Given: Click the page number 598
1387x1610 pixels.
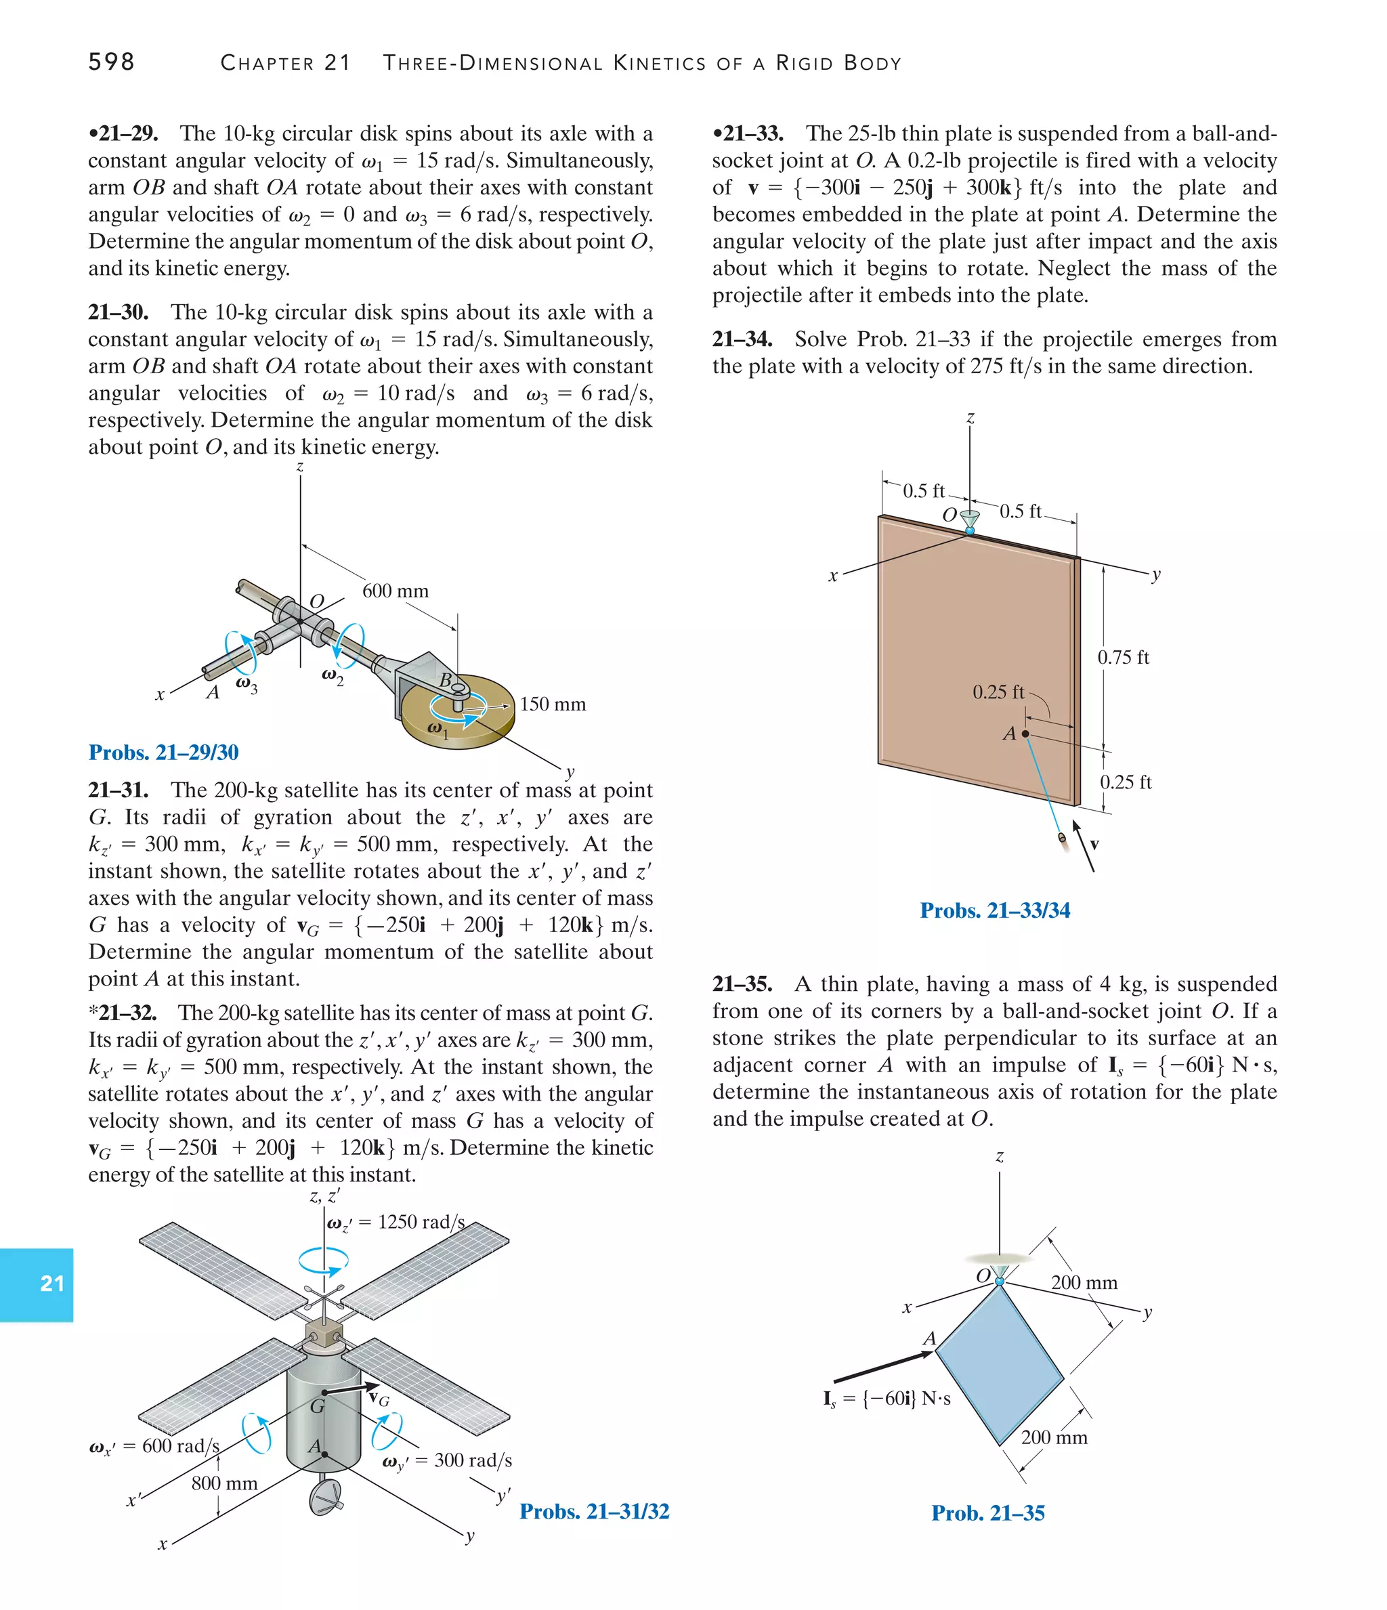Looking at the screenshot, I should point(111,62).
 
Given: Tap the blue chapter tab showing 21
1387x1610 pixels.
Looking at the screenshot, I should point(37,1283).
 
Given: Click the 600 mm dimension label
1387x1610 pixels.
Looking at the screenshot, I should point(395,591).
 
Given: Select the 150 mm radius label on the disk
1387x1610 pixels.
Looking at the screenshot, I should point(553,704).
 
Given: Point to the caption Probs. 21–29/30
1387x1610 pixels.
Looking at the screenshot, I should point(163,752).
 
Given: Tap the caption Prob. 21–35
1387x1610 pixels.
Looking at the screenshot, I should point(987,1513).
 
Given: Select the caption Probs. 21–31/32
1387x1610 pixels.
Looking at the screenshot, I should point(595,1510).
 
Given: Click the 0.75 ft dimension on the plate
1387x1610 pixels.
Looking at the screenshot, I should point(1123,658).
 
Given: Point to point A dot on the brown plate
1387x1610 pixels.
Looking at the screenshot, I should point(1025,734).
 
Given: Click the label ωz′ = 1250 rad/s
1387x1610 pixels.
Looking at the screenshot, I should point(396,1223).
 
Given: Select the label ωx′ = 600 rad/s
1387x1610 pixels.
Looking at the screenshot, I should point(154,1446).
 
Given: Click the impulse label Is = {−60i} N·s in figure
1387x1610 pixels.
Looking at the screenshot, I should point(887,1399).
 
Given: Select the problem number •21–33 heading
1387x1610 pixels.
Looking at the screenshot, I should point(748,133).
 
